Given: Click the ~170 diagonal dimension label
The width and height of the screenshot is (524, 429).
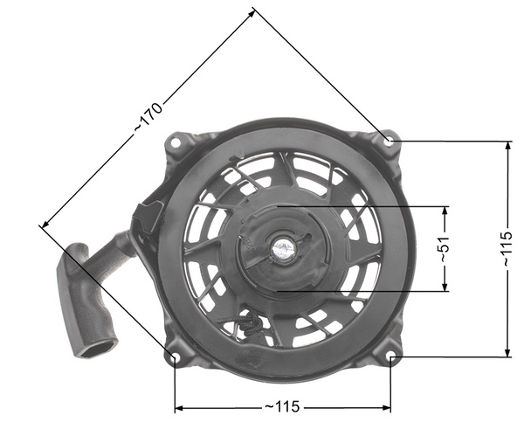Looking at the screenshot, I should tap(148, 119).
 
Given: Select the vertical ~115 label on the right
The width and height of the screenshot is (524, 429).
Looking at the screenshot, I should tap(507, 249).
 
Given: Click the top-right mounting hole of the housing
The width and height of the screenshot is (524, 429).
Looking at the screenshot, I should tap(390, 140).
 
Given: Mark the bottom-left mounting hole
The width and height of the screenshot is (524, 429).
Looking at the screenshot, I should tap(175, 357).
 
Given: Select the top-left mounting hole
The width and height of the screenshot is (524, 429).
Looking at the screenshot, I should tap(177, 140).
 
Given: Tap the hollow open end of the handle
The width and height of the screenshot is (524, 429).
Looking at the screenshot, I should tap(96, 349).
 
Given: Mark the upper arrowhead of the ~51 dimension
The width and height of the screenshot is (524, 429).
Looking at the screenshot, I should tap(445, 211).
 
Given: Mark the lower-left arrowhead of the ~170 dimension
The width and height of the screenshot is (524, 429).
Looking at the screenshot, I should tap(43, 225).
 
